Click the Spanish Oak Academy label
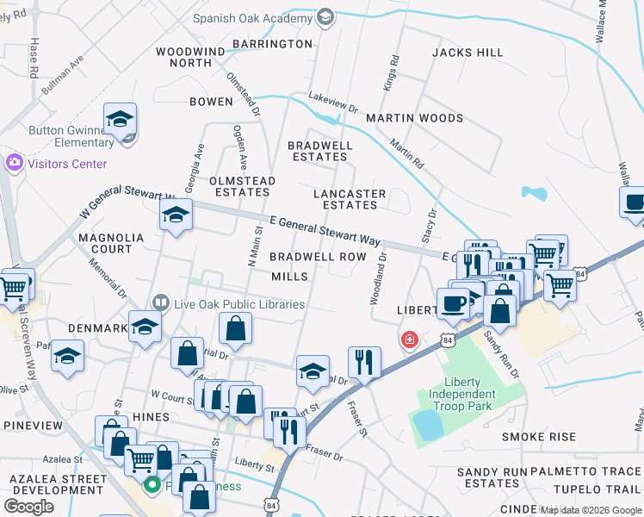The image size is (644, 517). tap(251, 18)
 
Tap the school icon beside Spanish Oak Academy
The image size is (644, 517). tap(325, 17)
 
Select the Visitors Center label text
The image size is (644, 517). tap(68, 164)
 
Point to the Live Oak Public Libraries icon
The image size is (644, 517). tap(160, 303)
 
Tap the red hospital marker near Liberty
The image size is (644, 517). tap(409, 340)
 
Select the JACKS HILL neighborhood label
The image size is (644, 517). tap(468, 53)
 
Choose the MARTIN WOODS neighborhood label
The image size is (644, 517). tap(414, 118)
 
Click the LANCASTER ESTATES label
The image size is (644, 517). tap(350, 200)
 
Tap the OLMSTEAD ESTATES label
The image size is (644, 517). tap(242, 186)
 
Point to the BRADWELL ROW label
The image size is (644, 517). tap(318, 257)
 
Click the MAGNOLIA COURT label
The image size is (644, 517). tap(105, 243)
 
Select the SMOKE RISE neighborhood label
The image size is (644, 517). tap(539, 437)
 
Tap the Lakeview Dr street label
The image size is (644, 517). tap(333, 103)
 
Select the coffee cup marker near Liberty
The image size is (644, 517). tap(454, 303)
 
